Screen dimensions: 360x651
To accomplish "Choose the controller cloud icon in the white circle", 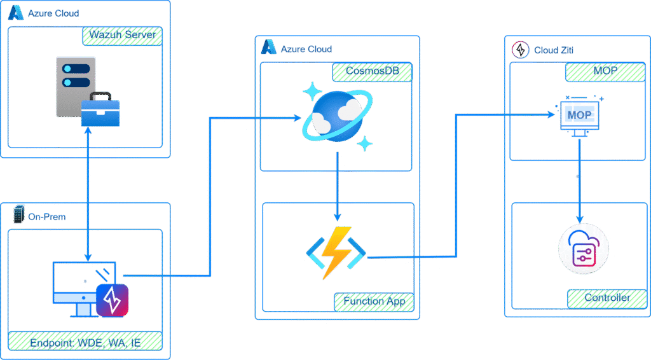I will point(584,249).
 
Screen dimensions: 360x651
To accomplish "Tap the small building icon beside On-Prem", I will point(18,216).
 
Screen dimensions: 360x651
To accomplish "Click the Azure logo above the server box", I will point(16,13).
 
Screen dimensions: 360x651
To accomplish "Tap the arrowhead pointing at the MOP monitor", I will point(551,114).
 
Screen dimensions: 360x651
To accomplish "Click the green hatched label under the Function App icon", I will point(374,301).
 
